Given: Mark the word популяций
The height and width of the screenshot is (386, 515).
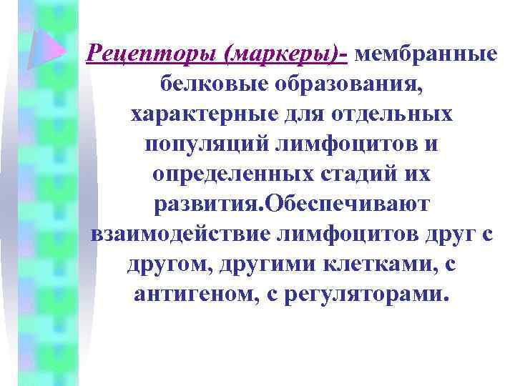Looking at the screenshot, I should pos(205,144).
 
